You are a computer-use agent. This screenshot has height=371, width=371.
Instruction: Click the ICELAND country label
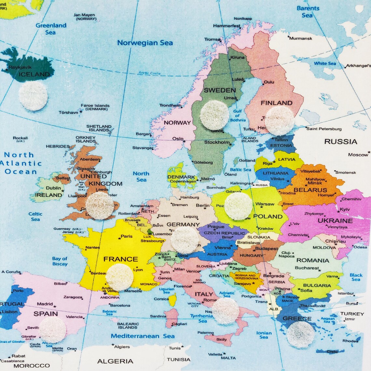(x=34, y=74)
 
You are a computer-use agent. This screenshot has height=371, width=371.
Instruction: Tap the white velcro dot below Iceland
(x=33, y=96)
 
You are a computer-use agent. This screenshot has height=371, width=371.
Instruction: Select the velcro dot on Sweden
(x=214, y=115)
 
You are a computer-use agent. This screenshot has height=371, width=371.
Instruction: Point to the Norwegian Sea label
(x=145, y=43)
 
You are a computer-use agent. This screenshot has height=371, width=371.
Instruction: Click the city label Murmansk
(x=301, y=38)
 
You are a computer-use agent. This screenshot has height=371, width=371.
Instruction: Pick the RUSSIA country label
(x=340, y=142)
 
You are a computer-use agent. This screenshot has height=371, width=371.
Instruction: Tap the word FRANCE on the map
(x=121, y=259)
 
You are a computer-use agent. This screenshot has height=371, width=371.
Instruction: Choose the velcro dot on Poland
(x=239, y=206)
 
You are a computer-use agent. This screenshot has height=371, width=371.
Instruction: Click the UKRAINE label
(x=335, y=220)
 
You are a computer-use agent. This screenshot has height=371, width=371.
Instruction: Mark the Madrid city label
(x=45, y=304)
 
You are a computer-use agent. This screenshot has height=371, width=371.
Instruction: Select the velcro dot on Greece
(x=300, y=335)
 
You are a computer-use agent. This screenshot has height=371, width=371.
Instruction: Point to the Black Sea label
(x=356, y=277)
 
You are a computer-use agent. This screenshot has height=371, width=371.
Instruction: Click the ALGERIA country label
(x=115, y=361)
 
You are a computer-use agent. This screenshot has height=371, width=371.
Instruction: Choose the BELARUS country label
(x=310, y=190)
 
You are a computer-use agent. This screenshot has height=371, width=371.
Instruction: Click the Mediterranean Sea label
(x=143, y=336)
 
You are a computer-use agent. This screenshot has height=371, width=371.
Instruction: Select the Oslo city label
(x=178, y=139)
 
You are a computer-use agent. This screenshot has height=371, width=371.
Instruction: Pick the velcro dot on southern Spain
(x=52, y=330)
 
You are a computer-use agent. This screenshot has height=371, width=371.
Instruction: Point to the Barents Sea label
(x=308, y=12)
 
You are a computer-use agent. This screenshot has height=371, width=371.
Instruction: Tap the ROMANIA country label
(x=312, y=260)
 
